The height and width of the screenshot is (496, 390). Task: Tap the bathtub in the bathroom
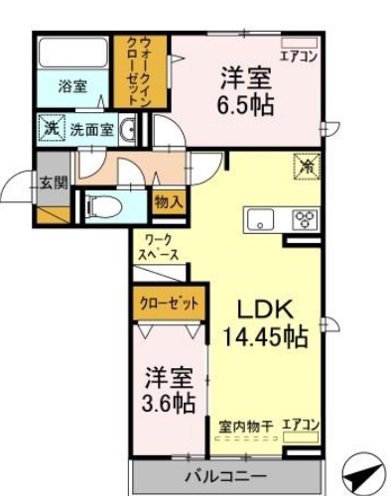73,52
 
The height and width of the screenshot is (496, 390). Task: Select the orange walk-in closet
130,70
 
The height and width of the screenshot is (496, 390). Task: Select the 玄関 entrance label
53,182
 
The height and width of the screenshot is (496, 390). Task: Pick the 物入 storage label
168,201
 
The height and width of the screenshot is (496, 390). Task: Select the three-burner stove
303,219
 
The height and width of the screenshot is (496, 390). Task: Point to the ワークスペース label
158,247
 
